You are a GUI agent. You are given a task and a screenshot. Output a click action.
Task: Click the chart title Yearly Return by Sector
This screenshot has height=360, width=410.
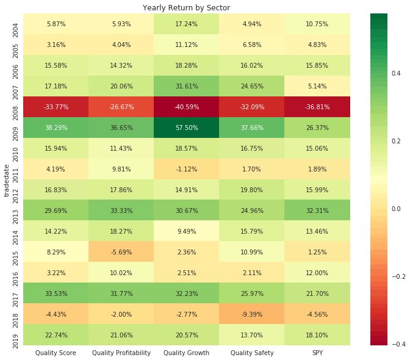tap(186, 8)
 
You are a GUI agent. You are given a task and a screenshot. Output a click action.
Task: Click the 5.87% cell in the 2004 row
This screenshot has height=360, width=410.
tap(56, 24)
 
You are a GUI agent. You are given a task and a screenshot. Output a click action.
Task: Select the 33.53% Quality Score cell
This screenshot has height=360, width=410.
tap(56, 293)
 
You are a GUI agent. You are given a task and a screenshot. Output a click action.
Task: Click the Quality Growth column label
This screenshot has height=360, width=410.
tap(187, 353)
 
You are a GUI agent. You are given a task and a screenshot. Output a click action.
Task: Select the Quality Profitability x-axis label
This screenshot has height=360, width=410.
tap(121, 353)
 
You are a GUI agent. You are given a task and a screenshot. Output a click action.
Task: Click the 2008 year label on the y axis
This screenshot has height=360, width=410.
tap(15, 107)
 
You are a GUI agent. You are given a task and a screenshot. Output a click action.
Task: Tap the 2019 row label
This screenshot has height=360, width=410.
tap(15, 335)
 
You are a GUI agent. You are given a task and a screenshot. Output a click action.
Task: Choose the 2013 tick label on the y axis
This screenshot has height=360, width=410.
tap(15, 211)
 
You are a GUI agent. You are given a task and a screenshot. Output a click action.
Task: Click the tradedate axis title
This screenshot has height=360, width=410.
tap(6, 179)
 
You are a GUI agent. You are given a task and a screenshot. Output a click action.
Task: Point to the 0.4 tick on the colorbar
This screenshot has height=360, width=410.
tap(395, 73)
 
